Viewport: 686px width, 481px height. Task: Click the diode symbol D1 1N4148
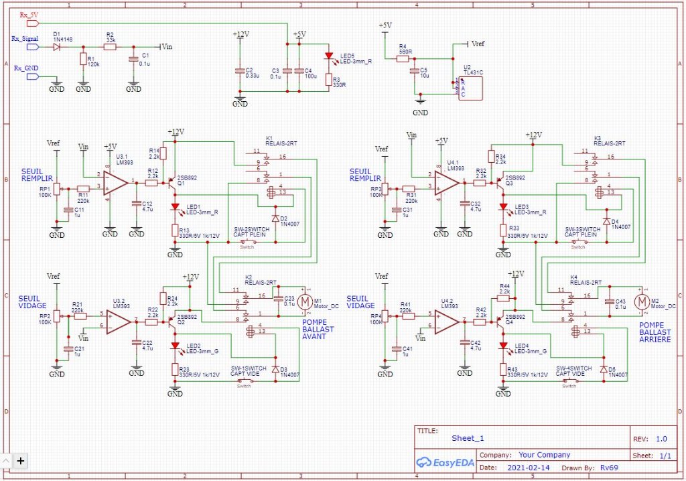click(x=56, y=46)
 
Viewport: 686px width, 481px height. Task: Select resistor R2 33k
click(x=110, y=46)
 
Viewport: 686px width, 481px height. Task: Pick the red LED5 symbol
click(x=328, y=56)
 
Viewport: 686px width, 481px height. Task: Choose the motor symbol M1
click(x=305, y=303)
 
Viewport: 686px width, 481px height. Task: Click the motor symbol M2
click(x=642, y=303)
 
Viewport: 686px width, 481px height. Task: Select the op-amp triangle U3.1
click(x=116, y=182)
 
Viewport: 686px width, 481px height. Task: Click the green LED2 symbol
click(x=175, y=346)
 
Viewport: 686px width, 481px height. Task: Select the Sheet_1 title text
click(x=468, y=439)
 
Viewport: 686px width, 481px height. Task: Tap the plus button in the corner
click(x=21, y=460)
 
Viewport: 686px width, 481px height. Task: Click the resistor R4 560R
click(x=403, y=59)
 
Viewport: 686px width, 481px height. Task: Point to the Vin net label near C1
click(x=169, y=46)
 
